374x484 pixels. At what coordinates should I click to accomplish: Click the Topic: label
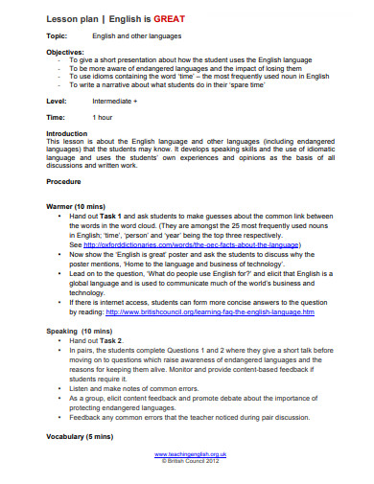(58, 35)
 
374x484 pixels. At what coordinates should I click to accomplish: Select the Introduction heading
(67, 133)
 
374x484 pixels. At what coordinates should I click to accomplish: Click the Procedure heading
(64, 180)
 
